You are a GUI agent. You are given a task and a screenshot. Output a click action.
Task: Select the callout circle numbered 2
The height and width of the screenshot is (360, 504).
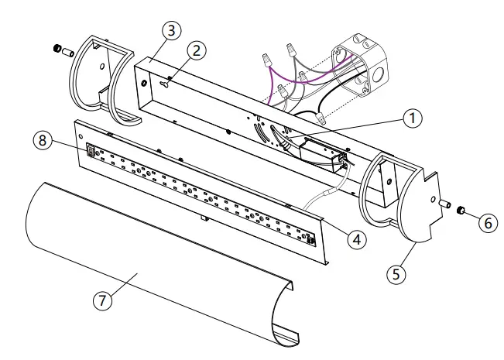[197, 50]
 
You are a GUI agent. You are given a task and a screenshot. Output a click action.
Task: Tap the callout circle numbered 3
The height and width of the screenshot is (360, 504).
[171, 31]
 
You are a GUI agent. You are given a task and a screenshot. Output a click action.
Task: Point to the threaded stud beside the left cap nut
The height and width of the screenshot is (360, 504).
[67, 53]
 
